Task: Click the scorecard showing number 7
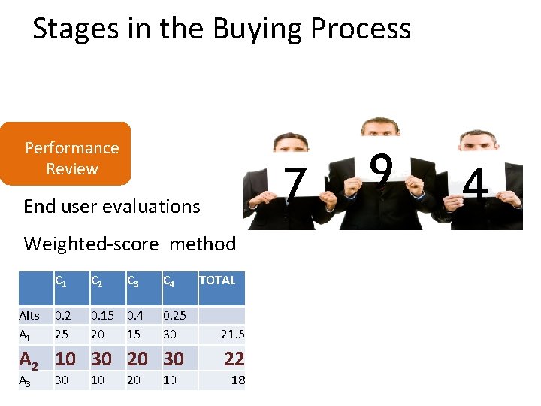(x=297, y=183)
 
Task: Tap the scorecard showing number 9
(x=382, y=169)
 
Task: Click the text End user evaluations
(x=112, y=206)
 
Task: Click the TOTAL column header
(x=217, y=280)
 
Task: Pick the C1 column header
(x=60, y=281)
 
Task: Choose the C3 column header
(x=132, y=281)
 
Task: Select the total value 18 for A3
(x=237, y=380)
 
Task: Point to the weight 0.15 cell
(x=102, y=315)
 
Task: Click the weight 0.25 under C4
(x=174, y=315)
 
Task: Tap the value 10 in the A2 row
(x=65, y=359)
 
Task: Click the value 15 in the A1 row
(x=134, y=332)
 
